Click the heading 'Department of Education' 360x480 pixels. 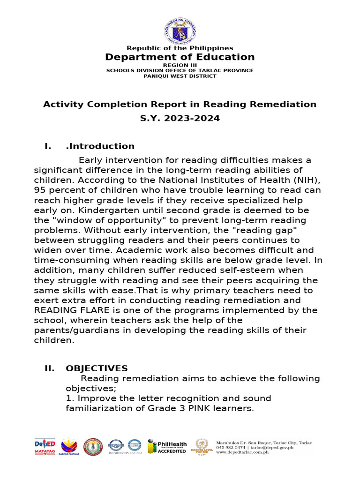(180, 57)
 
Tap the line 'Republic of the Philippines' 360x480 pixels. (180, 48)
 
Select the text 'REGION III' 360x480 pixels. (180, 65)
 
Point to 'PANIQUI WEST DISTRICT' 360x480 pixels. (180, 76)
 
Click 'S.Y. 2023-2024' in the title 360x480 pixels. (180, 119)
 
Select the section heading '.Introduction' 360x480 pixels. (100, 146)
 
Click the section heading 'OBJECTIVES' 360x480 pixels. (97, 368)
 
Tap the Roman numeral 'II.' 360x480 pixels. (50, 368)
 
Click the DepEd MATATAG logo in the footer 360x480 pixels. (45, 446)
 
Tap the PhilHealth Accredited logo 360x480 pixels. (167, 446)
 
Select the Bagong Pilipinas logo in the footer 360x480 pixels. (69, 447)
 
